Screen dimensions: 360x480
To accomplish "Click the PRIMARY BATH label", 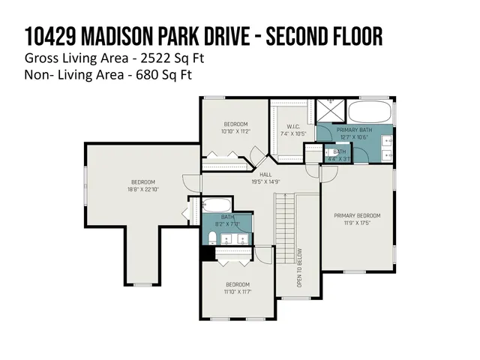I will [353, 130].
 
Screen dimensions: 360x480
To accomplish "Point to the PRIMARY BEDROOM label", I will [357, 216].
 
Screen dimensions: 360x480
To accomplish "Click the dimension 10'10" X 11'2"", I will [235, 131].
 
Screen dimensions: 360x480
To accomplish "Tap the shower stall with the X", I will [328, 111].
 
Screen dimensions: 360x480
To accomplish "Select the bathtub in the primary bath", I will [369, 113].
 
